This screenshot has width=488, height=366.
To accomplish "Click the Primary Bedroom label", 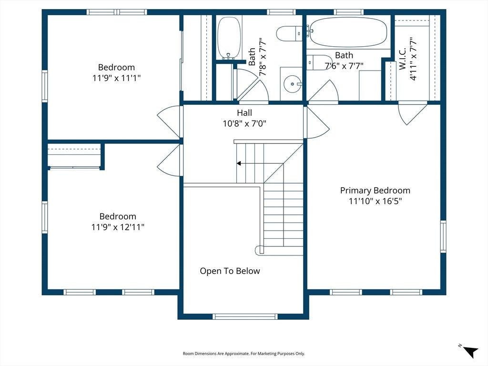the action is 375,191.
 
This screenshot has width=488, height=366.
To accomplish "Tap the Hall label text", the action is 244,112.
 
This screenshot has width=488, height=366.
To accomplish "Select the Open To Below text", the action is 230,271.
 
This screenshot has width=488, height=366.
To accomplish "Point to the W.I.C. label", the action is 403,59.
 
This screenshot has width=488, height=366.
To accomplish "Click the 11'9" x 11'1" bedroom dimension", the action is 116,78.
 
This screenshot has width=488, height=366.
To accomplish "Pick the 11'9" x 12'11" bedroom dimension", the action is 118,227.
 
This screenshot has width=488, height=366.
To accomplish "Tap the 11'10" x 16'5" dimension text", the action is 375,201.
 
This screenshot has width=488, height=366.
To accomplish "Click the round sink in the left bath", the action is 292,84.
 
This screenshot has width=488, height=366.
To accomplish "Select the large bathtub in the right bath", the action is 348,32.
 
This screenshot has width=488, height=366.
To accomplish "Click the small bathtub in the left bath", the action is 229,38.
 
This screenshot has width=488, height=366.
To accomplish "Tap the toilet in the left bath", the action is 289,34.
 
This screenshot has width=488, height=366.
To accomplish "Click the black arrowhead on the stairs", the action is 239,163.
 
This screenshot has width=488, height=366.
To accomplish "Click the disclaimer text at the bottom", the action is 244,354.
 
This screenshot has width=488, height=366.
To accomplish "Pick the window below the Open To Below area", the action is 245,316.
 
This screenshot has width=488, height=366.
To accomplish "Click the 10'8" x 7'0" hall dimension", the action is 244,123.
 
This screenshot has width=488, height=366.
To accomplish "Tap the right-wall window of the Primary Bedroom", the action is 443,236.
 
